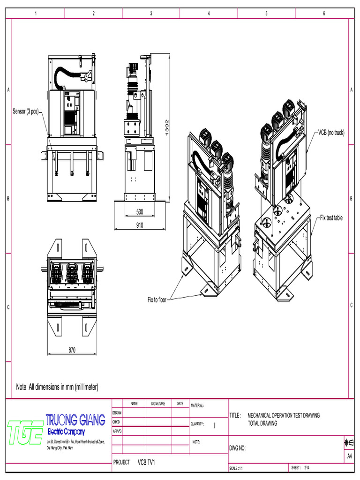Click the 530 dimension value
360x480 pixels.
point(139,212)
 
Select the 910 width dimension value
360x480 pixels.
point(139,225)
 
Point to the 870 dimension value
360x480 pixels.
point(72,350)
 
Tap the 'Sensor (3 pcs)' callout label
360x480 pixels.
point(26,112)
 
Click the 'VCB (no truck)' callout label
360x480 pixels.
point(331,133)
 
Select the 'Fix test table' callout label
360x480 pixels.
point(331,218)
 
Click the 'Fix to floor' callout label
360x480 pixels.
point(157,300)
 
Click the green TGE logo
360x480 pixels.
point(25,432)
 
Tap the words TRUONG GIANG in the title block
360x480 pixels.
point(75,420)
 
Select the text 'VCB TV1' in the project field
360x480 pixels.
point(146,463)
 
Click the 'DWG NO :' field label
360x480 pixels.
point(238,448)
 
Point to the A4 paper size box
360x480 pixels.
point(349,456)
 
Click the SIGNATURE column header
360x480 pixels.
point(158,404)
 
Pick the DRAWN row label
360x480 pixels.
point(117,413)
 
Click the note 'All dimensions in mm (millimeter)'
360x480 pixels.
point(57,387)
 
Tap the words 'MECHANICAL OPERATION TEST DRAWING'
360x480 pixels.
point(284,415)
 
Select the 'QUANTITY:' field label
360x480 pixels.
point(197,424)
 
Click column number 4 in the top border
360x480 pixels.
point(209,13)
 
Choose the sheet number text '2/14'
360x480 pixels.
point(307,468)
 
